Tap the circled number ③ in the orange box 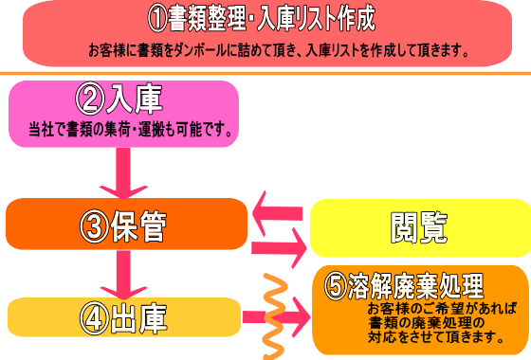click(x=97, y=225)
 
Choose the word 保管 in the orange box click(x=143, y=225)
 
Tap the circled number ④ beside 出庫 click(x=97, y=316)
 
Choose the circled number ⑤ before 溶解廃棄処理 click(x=334, y=285)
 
